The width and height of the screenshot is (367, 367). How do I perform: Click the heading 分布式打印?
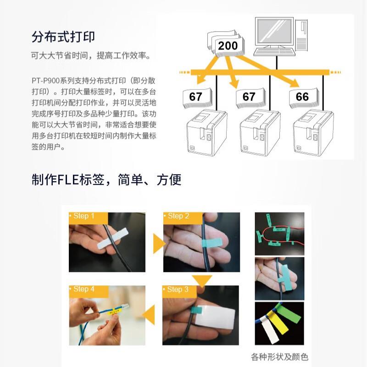pos(63,37)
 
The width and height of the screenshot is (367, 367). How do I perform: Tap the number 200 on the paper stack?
pos(228,46)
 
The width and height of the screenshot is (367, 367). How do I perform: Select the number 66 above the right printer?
pos(302,97)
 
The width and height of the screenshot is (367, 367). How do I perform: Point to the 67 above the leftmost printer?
pos(196,97)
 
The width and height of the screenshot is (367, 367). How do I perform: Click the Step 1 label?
pos(84,216)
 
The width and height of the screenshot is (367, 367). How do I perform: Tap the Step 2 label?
pos(178,216)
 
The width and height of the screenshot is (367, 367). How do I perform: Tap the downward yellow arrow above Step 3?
pos(201,279)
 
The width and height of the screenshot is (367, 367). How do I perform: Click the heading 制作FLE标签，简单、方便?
pos(106,179)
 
